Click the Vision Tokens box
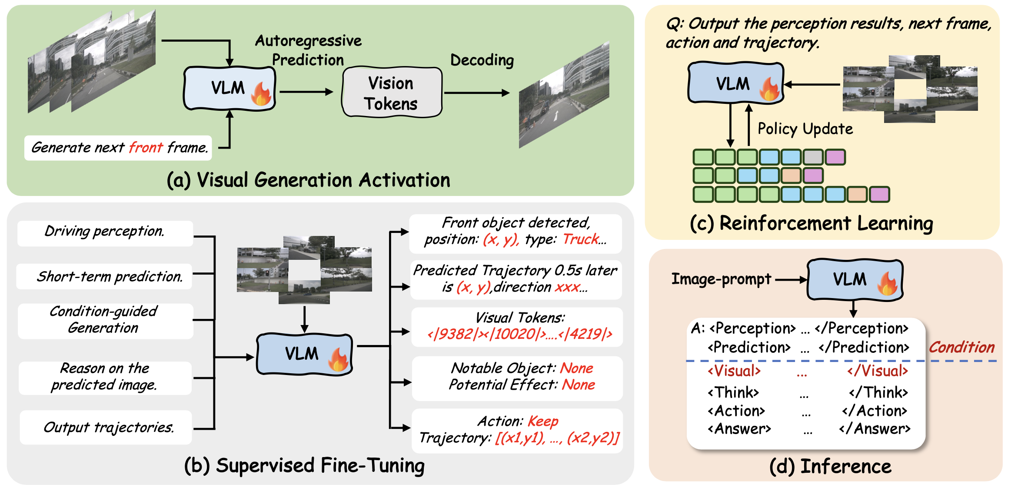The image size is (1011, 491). tap(392, 92)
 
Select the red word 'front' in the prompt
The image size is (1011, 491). tap(146, 148)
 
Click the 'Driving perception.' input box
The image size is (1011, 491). tap(105, 233)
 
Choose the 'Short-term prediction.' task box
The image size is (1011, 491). tap(104, 276)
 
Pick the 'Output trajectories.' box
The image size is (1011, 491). tap(106, 427)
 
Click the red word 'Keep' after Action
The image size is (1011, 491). tap(543, 421)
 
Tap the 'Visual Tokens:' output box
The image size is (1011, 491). tap(517, 327)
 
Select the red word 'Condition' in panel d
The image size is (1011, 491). tap(962, 347)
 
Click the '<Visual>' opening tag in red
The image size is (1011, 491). tap(734, 371)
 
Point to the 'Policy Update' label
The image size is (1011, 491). tap(805, 129)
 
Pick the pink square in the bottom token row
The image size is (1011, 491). tap(879, 195)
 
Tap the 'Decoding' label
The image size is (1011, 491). tap(482, 60)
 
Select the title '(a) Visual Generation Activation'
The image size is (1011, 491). tap(309, 180)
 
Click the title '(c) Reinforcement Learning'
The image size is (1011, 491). tap(811, 223)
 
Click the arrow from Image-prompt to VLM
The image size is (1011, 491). tap(791, 280)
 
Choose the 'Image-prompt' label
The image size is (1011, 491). tap(722, 279)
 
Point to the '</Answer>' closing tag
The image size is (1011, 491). tap(875, 429)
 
